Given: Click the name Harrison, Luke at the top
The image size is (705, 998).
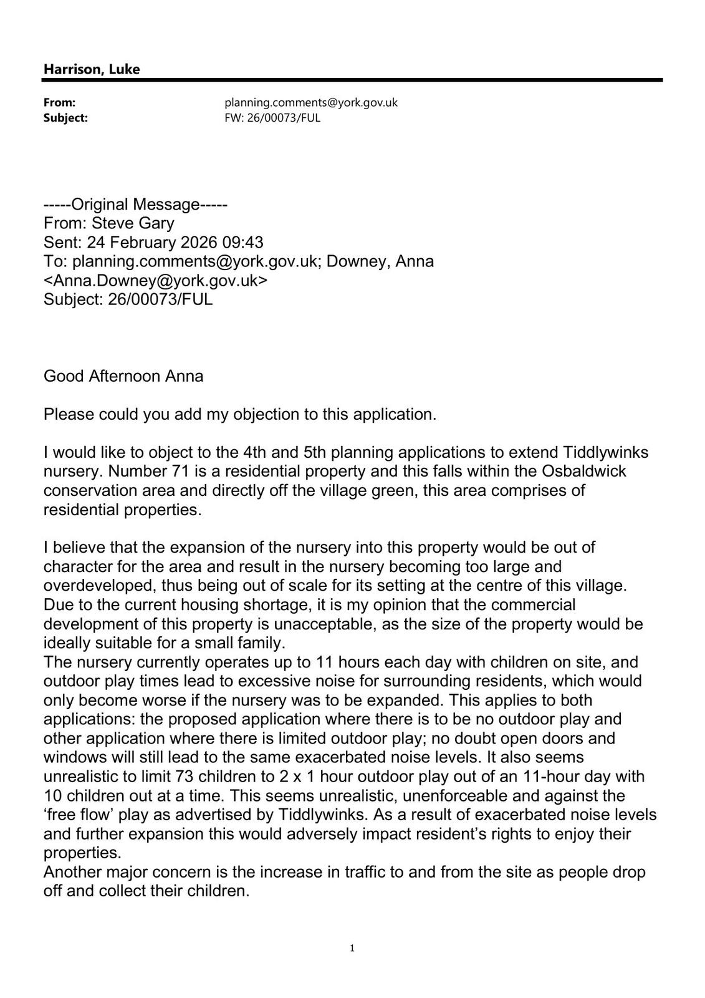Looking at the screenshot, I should [x=92, y=69].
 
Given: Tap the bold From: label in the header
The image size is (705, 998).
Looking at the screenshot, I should [x=59, y=102].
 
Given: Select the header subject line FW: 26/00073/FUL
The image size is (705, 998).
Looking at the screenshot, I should [x=272, y=118].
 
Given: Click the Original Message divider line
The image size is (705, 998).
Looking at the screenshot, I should [x=135, y=205].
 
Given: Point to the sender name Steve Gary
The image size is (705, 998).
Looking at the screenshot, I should [x=133, y=223].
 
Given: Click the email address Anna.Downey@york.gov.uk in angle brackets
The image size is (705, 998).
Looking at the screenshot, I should [x=155, y=281].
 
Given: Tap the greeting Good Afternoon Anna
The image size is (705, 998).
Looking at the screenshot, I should [x=123, y=376].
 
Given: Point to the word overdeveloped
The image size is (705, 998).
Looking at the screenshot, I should [x=100, y=586].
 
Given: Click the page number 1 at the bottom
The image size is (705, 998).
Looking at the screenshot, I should [x=352, y=949].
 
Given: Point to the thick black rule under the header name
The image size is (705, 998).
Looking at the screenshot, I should [x=352, y=80].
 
